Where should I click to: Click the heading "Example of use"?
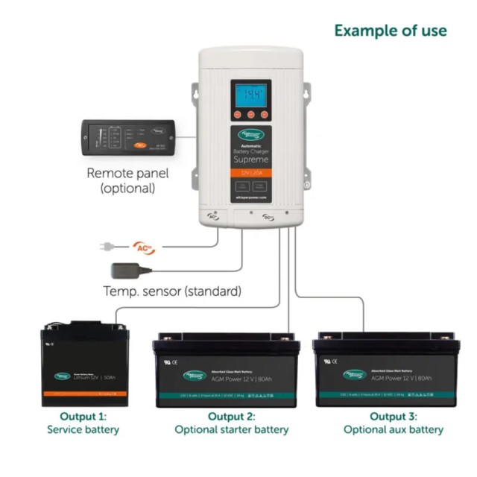[390, 31]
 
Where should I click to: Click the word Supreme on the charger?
[250, 159]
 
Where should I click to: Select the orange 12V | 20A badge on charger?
[250, 173]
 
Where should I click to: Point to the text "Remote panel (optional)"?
[127, 181]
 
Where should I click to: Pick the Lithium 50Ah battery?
[84, 364]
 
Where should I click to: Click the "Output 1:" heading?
[83, 416]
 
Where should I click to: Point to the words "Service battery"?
[83, 429]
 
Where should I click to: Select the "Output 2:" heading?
[231, 416]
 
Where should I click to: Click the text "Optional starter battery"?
[231, 429]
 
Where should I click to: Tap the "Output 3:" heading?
[393, 416]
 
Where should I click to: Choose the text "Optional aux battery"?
[393, 429]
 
